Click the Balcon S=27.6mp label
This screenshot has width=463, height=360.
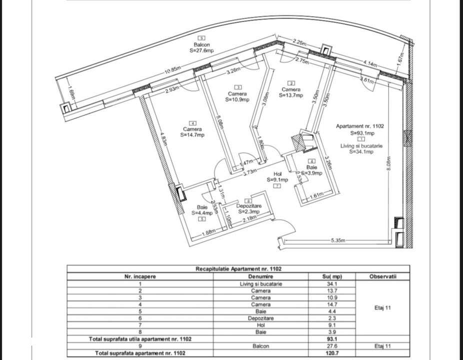click(201, 47)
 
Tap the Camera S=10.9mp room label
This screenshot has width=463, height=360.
click(237, 96)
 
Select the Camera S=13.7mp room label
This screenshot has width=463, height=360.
click(291, 92)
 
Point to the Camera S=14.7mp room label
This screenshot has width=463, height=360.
click(192, 131)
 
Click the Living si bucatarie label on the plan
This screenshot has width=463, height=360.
click(358, 148)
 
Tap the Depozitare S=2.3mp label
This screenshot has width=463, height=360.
click(248, 208)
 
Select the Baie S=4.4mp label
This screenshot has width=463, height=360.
click(202, 209)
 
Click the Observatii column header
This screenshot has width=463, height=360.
click(382, 276)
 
